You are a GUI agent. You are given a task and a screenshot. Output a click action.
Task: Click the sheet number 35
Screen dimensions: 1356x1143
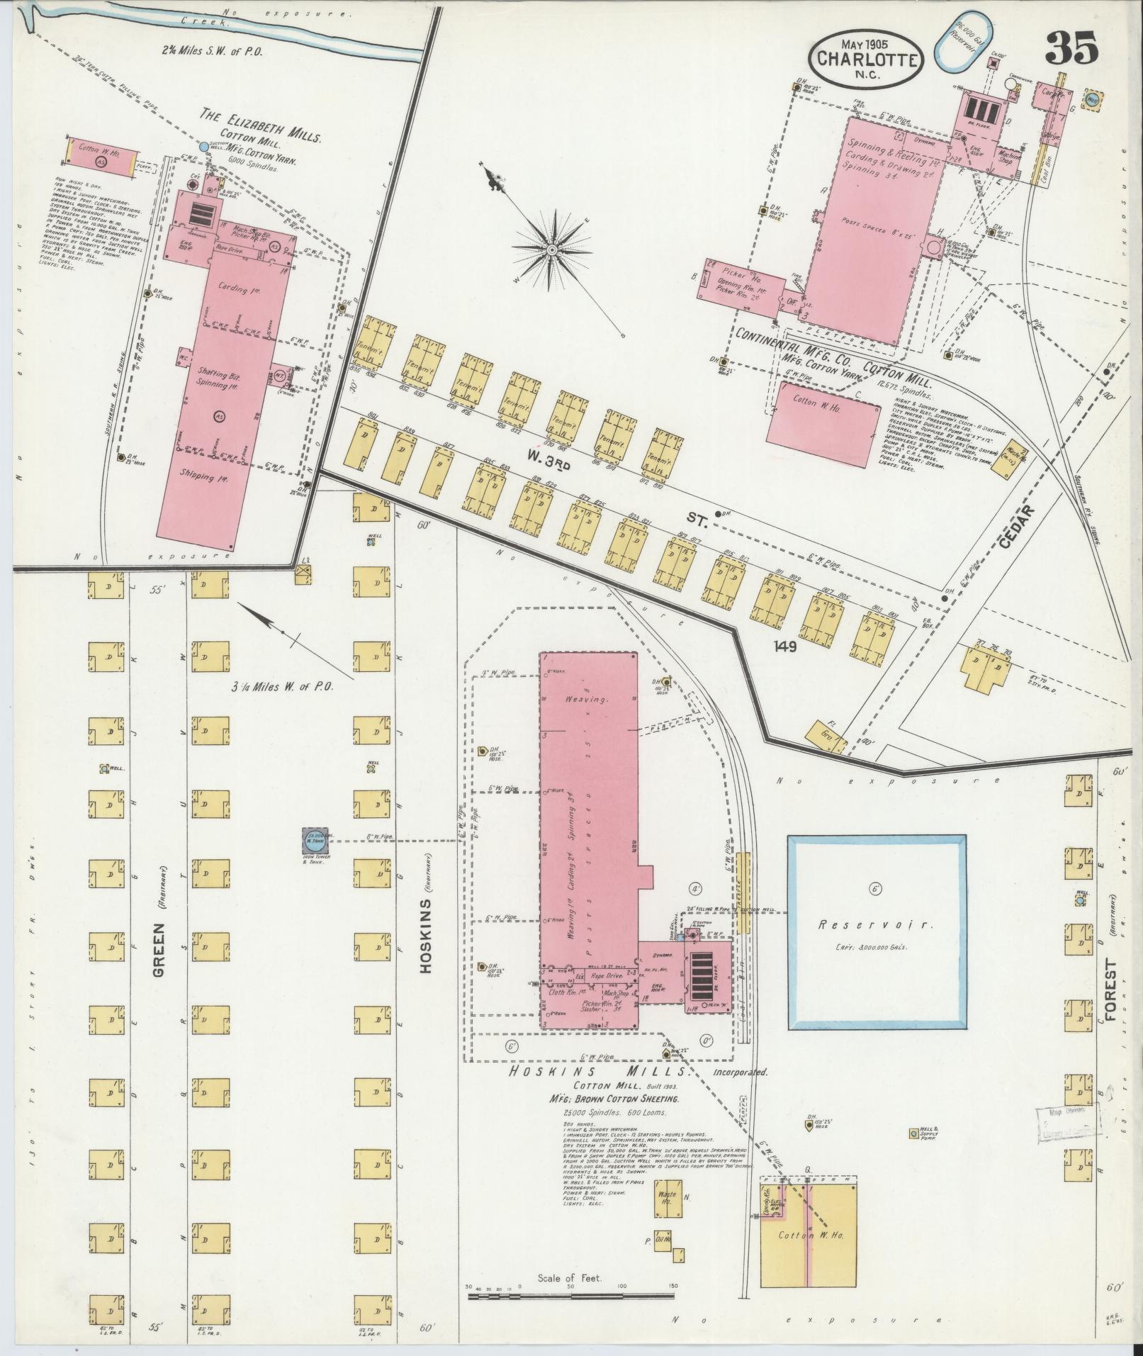(x=1071, y=50)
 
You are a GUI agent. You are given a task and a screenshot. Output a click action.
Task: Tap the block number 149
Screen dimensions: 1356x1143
(x=786, y=646)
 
